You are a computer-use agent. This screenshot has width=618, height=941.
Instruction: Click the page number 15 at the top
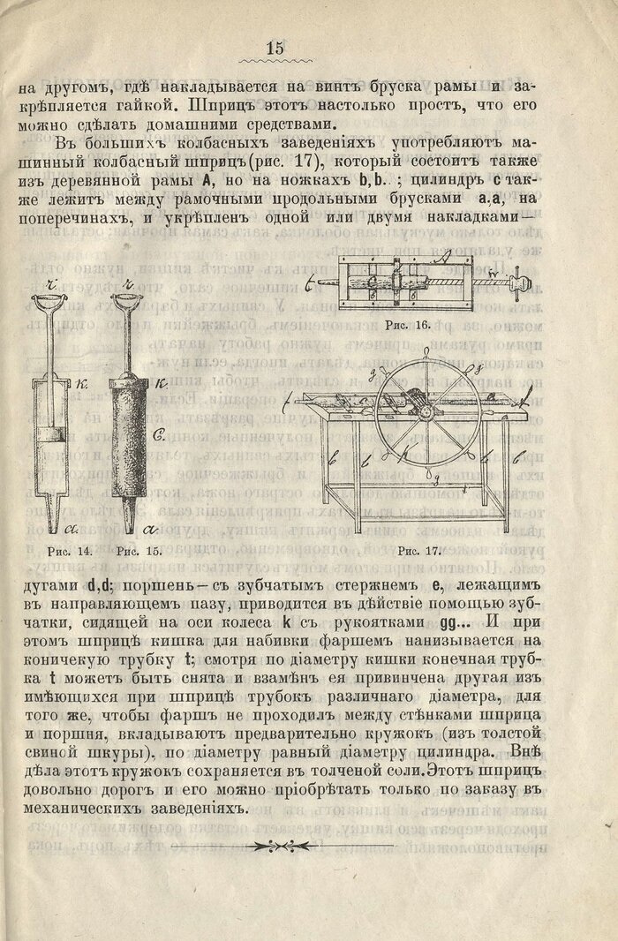275,48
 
